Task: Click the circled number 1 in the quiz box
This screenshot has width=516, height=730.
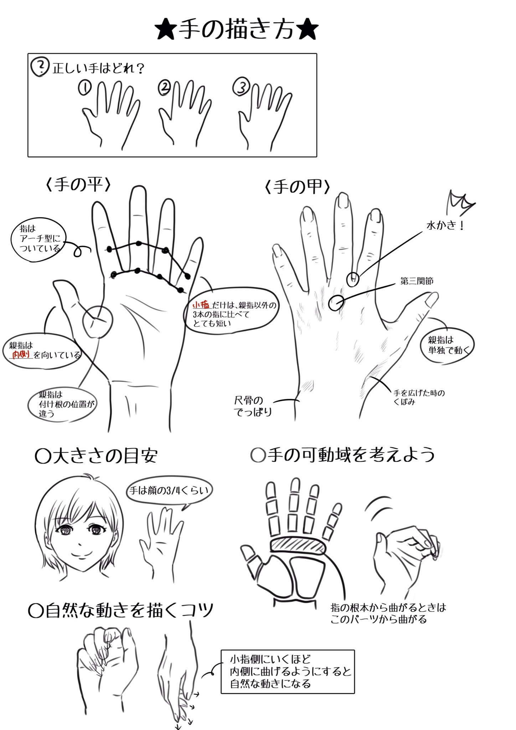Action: pyautogui.click(x=85, y=88)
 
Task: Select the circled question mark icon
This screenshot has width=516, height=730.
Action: pyautogui.click(x=40, y=67)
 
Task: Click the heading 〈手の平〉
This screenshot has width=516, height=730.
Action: pyautogui.click(x=78, y=185)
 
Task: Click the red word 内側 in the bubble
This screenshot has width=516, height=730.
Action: pyautogui.click(x=21, y=354)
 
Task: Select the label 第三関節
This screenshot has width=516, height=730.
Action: pyautogui.click(x=417, y=281)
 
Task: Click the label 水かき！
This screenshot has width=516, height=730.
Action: pyautogui.click(x=445, y=226)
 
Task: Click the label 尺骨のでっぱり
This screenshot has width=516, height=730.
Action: pyautogui.click(x=253, y=406)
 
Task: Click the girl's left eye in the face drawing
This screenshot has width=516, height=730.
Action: pyautogui.click(x=95, y=531)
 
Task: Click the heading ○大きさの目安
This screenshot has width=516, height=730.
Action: pyautogui.click(x=96, y=457)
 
